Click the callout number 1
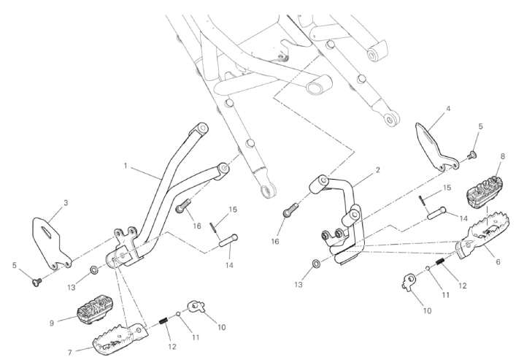click(x=126, y=166)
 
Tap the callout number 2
click(x=377, y=171)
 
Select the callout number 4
click(x=447, y=110)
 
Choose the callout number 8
click(x=502, y=156)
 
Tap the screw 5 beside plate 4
click(x=471, y=155)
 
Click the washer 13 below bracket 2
click(x=315, y=262)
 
